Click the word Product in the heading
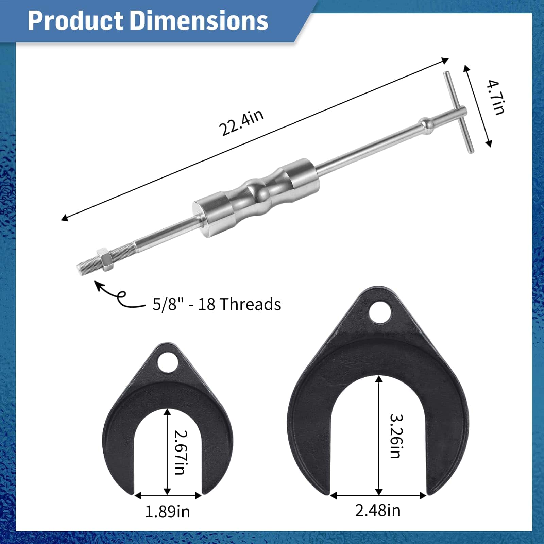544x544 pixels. point(75,21)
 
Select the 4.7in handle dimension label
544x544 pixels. point(495,97)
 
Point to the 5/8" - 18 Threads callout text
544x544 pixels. point(217,304)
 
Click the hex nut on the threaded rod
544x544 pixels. point(105,260)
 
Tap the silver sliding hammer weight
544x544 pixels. point(256,198)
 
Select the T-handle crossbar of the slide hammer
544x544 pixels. point(458,113)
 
